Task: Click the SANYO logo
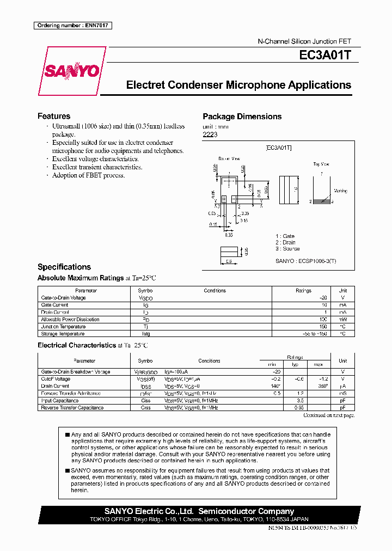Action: (x=71, y=71)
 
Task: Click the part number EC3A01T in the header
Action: (x=328, y=56)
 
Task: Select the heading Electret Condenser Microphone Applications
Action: (x=238, y=85)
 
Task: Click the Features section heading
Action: (x=53, y=116)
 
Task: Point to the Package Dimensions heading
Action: (x=242, y=117)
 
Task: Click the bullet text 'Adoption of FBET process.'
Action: (x=88, y=175)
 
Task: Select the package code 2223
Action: (x=210, y=134)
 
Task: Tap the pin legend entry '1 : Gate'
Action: (x=285, y=236)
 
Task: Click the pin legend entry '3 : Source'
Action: (x=287, y=249)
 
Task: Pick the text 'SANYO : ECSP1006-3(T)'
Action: (x=306, y=261)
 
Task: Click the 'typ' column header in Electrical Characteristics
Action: (x=296, y=364)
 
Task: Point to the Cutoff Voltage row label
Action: (x=56, y=379)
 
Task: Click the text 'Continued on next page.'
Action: (x=328, y=415)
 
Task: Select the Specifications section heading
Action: (x=64, y=267)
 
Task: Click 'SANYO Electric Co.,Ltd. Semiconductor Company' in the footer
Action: (x=199, y=511)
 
